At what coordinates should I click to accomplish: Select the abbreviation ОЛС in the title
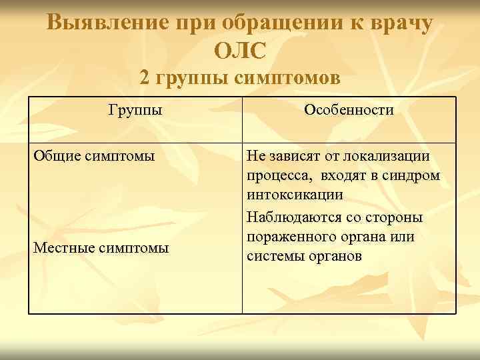241,50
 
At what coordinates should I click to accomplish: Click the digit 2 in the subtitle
145,79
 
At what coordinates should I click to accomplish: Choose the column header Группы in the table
135,109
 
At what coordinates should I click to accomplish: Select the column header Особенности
349,109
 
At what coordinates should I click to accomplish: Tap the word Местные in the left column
65,248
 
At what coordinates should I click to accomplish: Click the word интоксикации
295,195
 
